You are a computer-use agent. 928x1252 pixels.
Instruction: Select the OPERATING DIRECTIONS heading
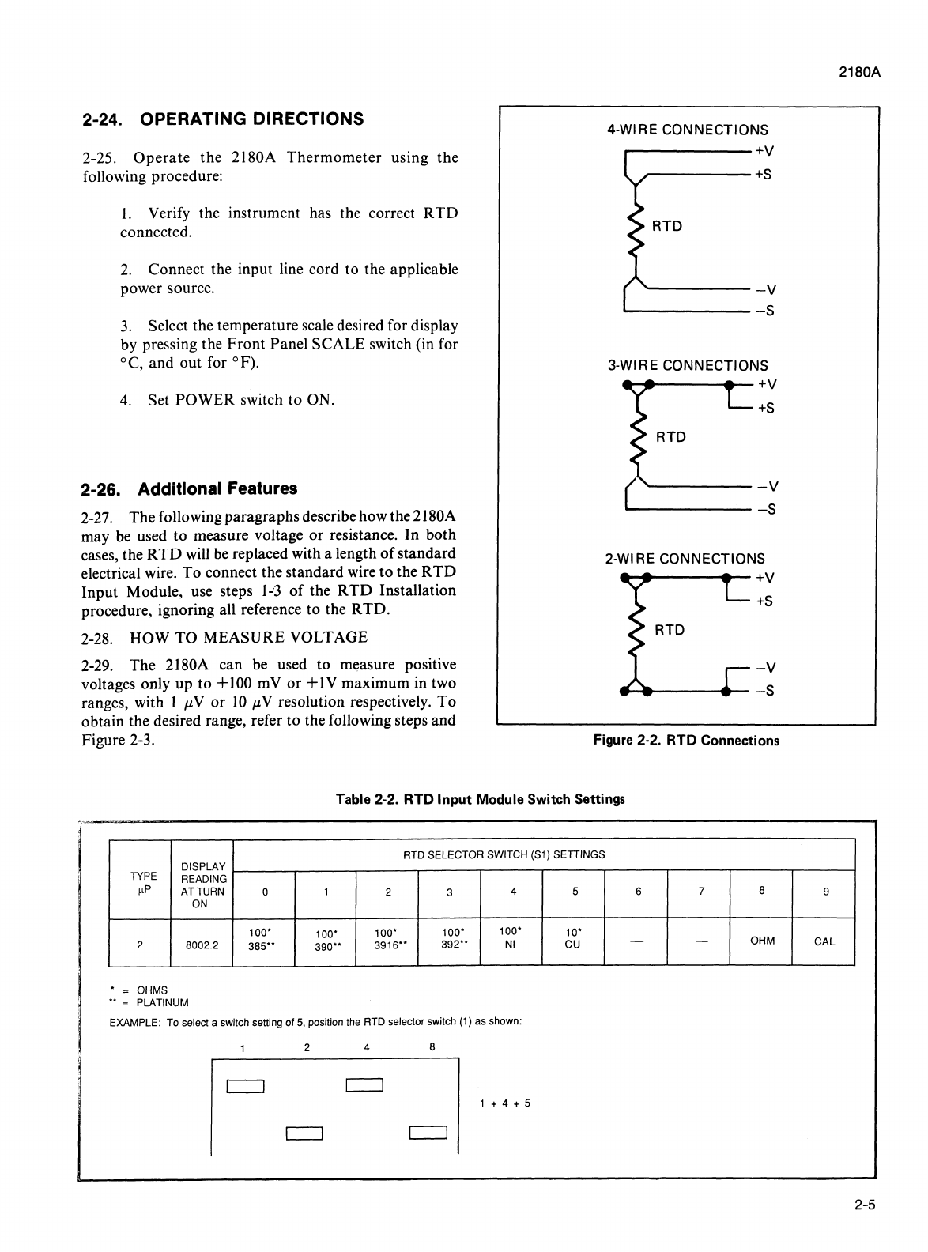point(223,119)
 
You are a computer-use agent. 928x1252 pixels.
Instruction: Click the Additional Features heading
point(190,488)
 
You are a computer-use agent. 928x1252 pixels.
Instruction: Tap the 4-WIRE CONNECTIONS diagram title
point(687,130)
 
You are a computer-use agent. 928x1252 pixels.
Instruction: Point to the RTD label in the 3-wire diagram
point(671,437)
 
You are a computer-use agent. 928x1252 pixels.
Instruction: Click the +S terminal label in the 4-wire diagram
point(763,175)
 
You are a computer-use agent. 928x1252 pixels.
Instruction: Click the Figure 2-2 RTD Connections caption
point(686,741)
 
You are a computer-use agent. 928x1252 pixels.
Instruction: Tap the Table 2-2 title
point(480,799)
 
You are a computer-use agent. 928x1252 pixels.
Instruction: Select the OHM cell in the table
point(762,941)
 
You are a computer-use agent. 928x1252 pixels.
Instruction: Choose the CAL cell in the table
point(824,941)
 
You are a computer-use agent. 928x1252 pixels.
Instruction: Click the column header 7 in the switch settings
point(700,892)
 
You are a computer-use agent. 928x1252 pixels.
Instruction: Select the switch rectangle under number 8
point(428,1134)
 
